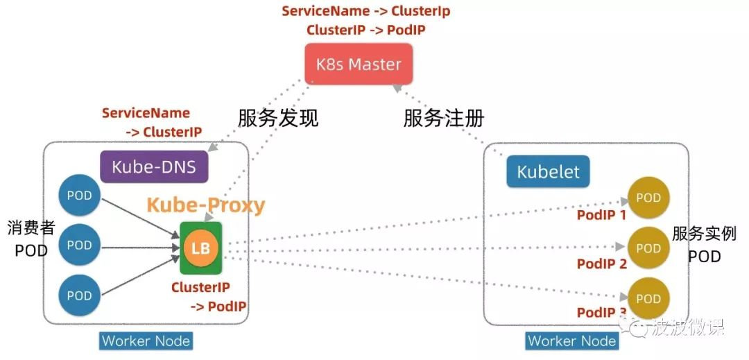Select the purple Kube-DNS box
[x=154, y=166]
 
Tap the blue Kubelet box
[x=548, y=171]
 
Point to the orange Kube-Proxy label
[x=205, y=205]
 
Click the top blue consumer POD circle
[x=79, y=196]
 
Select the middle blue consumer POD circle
[x=79, y=246]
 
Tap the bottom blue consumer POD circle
[x=79, y=295]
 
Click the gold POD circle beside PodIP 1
[x=648, y=198]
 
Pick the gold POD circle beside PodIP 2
[x=648, y=248]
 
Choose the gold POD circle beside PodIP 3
[x=648, y=298]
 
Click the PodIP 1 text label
[x=601, y=215]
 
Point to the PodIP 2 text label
[x=601, y=264]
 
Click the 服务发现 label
[x=278, y=118]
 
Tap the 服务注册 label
[x=444, y=118]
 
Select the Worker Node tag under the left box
[x=146, y=341]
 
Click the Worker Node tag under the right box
[x=571, y=341]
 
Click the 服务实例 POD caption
[x=704, y=244]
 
